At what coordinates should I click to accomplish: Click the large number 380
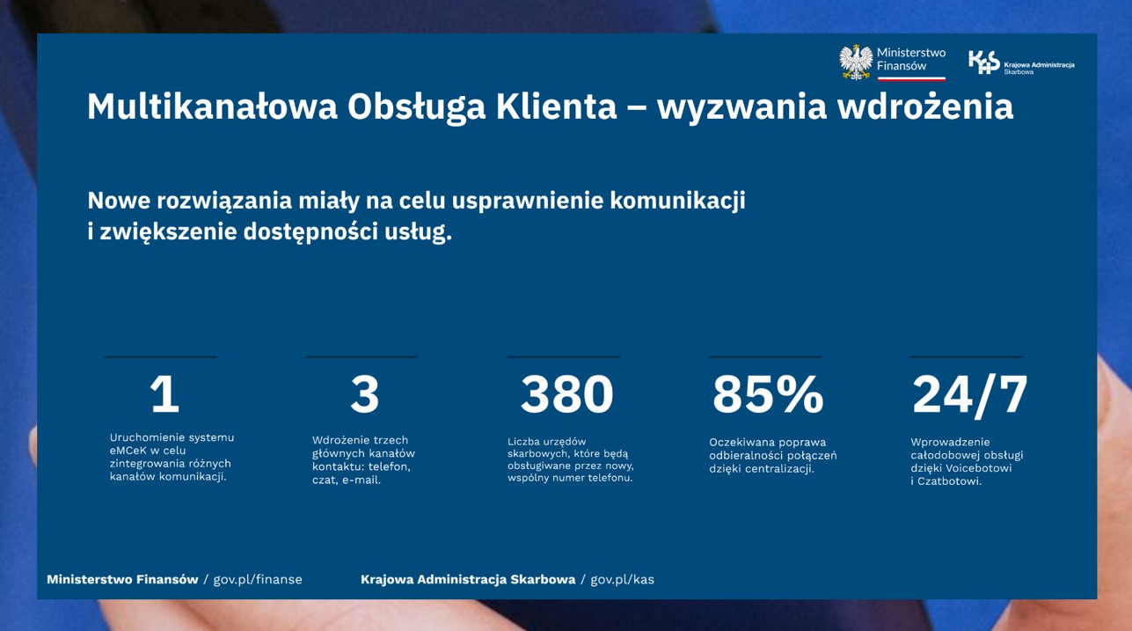point(566,395)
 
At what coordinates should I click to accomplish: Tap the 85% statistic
point(767,395)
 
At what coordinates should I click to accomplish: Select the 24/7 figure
point(969,395)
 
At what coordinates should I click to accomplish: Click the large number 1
point(164,395)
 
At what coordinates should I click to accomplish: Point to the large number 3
point(364,395)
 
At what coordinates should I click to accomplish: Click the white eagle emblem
point(855,62)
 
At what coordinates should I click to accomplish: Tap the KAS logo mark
point(983,62)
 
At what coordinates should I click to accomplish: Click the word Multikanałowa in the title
point(212,107)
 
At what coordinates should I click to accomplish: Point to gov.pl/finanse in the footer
point(257,579)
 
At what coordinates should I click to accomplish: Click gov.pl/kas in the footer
point(622,579)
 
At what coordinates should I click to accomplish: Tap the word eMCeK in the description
point(128,451)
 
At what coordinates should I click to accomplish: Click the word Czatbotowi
point(949,481)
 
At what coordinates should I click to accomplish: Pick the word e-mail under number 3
point(361,481)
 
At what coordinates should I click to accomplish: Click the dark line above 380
point(563,356)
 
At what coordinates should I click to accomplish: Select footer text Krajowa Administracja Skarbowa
point(468,579)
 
